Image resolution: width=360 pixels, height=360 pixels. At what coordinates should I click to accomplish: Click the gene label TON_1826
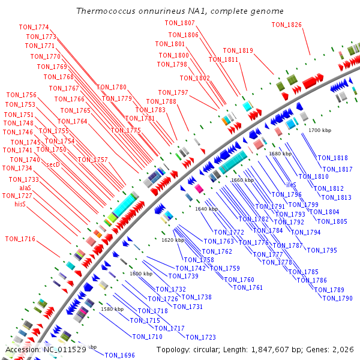click(287, 25)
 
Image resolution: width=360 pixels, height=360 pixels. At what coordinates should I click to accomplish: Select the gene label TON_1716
click(20, 239)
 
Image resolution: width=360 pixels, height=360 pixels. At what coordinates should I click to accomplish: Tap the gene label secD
click(53, 164)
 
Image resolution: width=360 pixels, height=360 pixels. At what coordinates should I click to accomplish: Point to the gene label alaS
click(25, 188)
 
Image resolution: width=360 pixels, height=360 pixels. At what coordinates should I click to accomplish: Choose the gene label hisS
click(24, 205)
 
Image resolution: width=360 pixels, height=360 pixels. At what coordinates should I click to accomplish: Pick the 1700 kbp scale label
click(320, 130)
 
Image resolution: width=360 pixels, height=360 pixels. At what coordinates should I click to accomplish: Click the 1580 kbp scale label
click(112, 309)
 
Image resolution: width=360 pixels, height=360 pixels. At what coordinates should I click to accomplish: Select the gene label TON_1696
click(119, 355)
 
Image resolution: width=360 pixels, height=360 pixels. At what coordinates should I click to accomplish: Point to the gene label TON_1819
click(238, 50)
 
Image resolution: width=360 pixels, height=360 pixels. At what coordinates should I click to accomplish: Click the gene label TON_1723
click(200, 337)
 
